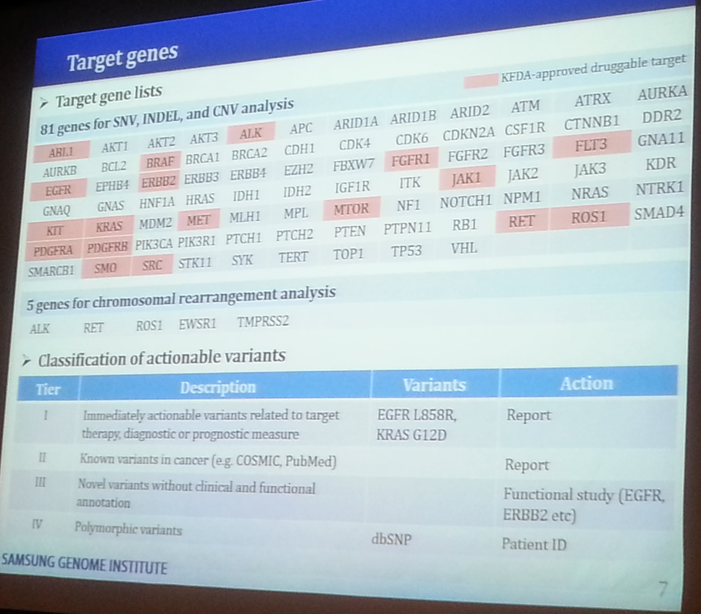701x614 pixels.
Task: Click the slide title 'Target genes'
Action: (122, 57)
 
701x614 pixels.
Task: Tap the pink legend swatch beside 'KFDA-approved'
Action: (481, 80)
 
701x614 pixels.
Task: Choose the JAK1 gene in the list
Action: (466, 178)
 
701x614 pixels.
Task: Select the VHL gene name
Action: (464, 248)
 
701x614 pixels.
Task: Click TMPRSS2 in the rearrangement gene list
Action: (263, 322)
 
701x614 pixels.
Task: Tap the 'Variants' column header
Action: (434, 385)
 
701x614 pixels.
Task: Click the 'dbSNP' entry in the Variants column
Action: (392, 539)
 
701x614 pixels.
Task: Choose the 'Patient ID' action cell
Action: (534, 544)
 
